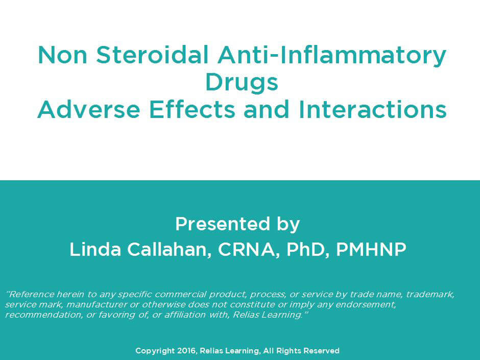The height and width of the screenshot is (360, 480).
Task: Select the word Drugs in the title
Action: pos(242,83)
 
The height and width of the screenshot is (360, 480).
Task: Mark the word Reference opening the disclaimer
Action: pos(28,295)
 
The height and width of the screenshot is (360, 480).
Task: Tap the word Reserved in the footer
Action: pos(321,351)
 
